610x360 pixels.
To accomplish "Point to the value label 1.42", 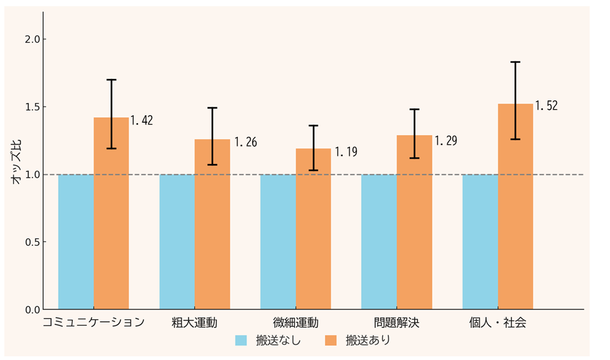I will [142, 120].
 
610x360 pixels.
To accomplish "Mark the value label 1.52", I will [546, 106].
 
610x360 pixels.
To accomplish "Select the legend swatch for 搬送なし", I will [241, 340].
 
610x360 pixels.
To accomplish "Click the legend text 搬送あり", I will [368, 340].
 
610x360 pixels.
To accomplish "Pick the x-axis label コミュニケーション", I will [94, 322].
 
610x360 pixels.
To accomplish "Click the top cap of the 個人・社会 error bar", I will [515, 62].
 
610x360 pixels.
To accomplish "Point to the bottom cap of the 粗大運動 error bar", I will [212, 165].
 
